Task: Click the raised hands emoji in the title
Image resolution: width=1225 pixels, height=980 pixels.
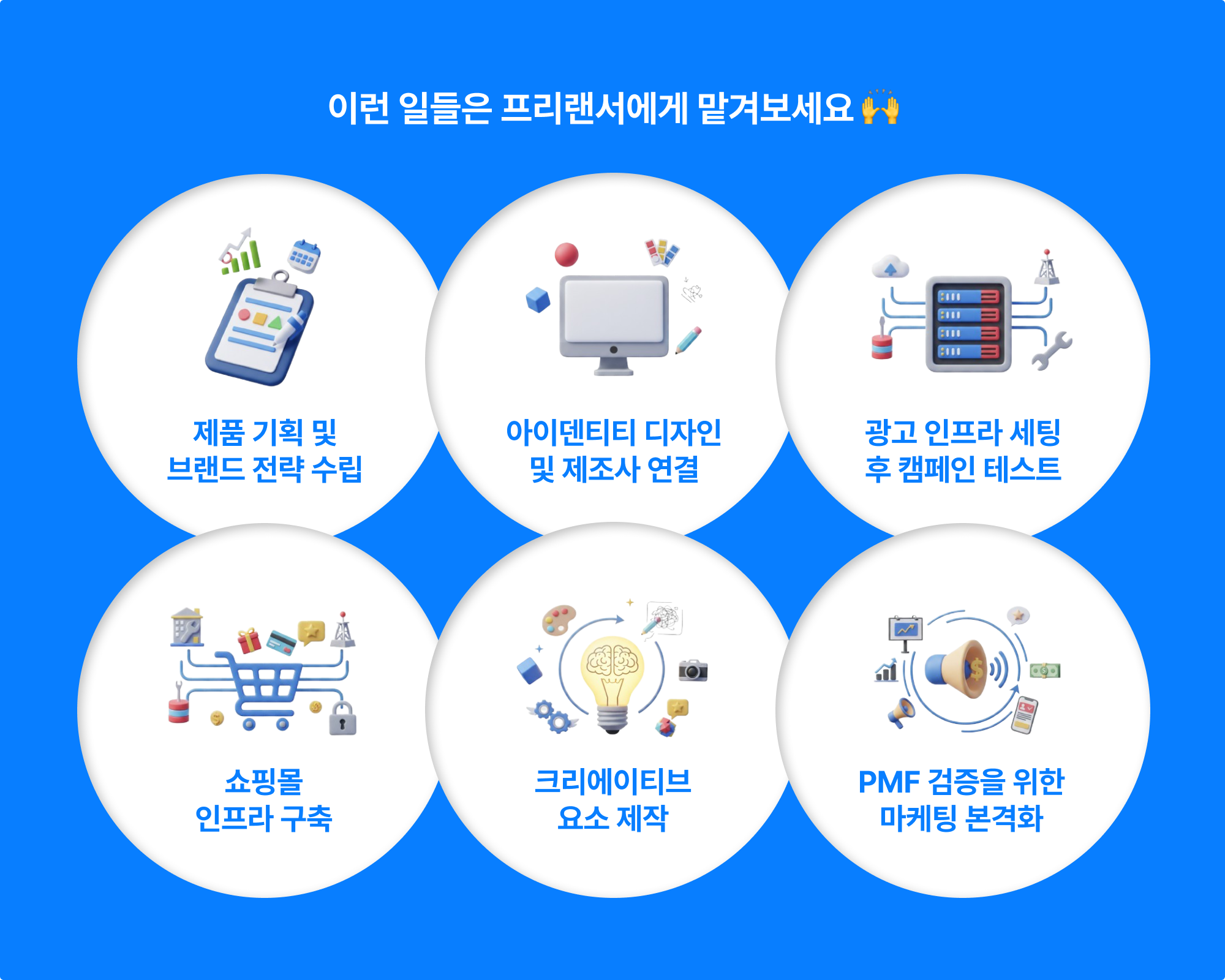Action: (x=880, y=107)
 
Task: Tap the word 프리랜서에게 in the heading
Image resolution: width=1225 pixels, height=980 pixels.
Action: (x=594, y=108)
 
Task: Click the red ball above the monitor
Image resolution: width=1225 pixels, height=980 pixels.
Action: (x=567, y=254)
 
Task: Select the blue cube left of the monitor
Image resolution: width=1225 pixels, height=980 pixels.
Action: (x=538, y=300)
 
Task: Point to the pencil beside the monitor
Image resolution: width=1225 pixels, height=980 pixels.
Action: (x=688, y=341)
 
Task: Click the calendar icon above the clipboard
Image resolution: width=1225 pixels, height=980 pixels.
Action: (x=304, y=256)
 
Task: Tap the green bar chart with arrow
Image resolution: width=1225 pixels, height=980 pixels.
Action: (x=240, y=252)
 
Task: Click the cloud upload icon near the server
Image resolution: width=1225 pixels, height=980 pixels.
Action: (x=890, y=267)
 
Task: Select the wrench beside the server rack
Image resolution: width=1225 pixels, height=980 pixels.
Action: (x=1051, y=351)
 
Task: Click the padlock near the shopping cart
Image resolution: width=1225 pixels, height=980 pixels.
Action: (x=342, y=718)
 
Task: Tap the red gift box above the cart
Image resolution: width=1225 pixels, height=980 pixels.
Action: (x=249, y=641)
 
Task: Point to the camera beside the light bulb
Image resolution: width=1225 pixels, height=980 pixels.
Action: (x=693, y=670)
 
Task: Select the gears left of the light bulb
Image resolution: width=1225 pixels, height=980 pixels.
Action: (x=552, y=717)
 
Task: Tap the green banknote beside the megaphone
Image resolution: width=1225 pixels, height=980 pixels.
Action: (x=1045, y=671)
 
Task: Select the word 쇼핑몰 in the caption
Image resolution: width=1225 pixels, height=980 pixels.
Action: (x=264, y=782)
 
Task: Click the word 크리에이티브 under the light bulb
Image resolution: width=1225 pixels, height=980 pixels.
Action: (x=612, y=782)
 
